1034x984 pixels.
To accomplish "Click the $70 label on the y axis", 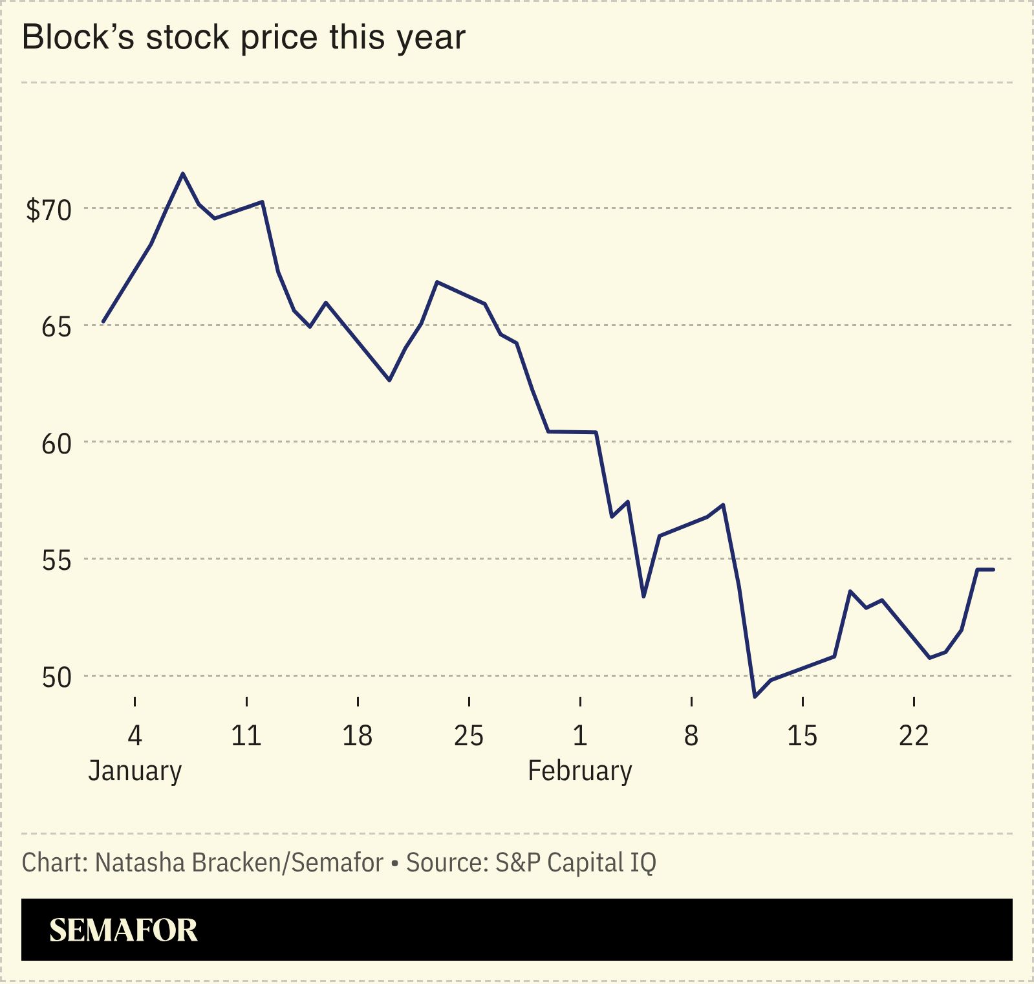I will click(x=48, y=210).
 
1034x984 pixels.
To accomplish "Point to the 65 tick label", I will click(x=56, y=327).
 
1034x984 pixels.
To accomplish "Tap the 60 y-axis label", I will click(x=56, y=444).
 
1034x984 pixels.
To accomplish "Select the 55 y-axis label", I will click(x=56, y=561).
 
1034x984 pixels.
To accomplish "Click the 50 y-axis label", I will click(x=56, y=678).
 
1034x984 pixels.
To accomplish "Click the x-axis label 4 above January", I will click(x=135, y=736).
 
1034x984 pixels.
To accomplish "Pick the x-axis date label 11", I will click(x=246, y=736).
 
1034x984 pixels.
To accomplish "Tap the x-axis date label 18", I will click(x=357, y=736).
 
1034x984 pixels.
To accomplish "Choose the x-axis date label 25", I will click(x=468, y=736).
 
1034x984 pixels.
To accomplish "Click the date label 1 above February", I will click(x=580, y=736).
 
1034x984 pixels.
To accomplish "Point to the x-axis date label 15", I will click(x=802, y=736).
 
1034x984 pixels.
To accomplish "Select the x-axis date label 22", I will click(x=913, y=736).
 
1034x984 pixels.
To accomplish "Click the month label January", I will click(x=135, y=771).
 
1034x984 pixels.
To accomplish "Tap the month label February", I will click(x=579, y=771).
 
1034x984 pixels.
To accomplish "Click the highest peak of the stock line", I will click(x=183, y=173).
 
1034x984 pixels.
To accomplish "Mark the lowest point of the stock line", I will click(x=755, y=697).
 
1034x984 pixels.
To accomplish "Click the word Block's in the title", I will click(x=78, y=38).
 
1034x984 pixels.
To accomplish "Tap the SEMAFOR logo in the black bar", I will click(x=123, y=930).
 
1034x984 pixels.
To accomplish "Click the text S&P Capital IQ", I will click(x=576, y=862).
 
